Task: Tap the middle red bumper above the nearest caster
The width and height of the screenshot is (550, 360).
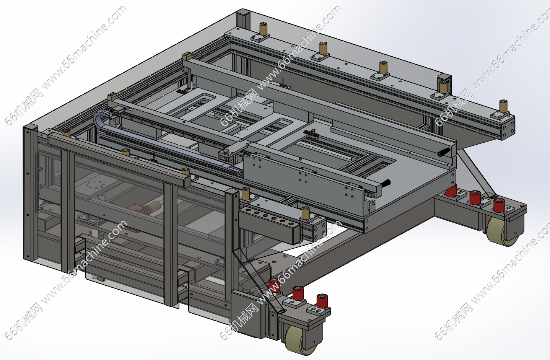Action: click(298, 293)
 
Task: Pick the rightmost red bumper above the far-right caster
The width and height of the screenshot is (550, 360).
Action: click(499, 205)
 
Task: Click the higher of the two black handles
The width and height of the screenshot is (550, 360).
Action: click(444, 152)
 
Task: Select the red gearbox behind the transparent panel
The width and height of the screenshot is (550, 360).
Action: click(139, 209)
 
